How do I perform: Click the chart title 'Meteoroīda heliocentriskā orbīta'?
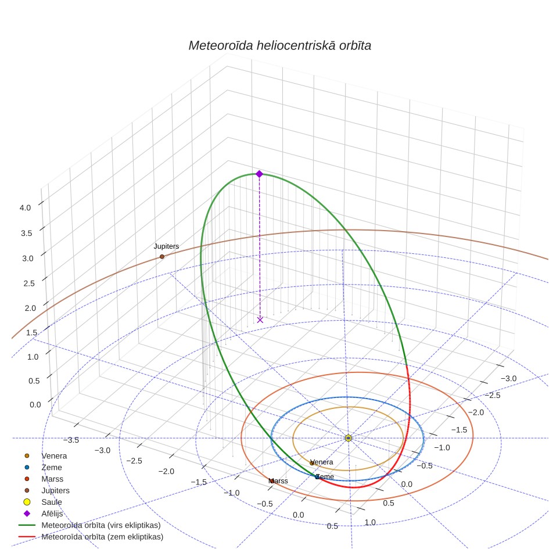click(279, 46)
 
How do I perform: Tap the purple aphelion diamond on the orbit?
click(259, 174)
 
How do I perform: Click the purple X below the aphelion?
click(260, 320)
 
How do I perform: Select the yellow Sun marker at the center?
click(349, 438)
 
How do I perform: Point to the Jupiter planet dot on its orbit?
click(162, 256)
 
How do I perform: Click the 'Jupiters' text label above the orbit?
click(166, 246)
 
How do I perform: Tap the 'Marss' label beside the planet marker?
click(278, 481)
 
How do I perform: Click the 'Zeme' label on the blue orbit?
click(325, 476)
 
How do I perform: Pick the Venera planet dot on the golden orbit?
click(311, 463)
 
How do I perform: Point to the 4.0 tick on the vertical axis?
click(25, 208)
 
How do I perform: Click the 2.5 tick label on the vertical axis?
click(29, 283)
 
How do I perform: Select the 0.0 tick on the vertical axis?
click(35, 405)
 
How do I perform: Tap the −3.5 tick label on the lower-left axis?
click(71, 440)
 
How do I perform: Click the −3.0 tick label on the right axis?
click(508, 379)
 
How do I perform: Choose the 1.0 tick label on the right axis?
click(370, 522)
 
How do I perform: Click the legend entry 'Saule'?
click(52, 502)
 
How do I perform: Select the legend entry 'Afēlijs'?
click(52, 514)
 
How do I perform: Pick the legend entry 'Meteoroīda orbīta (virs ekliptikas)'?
click(101, 525)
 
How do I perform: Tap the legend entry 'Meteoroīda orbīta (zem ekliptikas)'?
click(102, 537)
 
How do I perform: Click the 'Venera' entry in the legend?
click(54, 455)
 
